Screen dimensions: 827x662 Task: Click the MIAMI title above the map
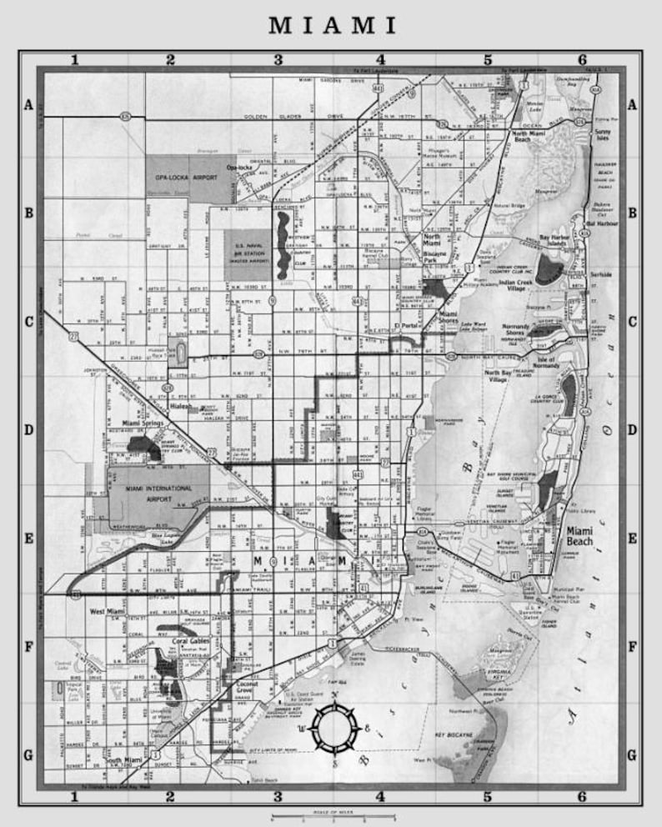332,26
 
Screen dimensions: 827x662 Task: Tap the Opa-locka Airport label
178,178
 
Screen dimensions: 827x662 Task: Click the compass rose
334,728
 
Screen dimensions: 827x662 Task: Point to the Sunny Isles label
600,136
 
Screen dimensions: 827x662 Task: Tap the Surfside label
600,273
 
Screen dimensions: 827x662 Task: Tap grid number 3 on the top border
278,59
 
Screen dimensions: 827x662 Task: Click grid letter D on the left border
28,431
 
